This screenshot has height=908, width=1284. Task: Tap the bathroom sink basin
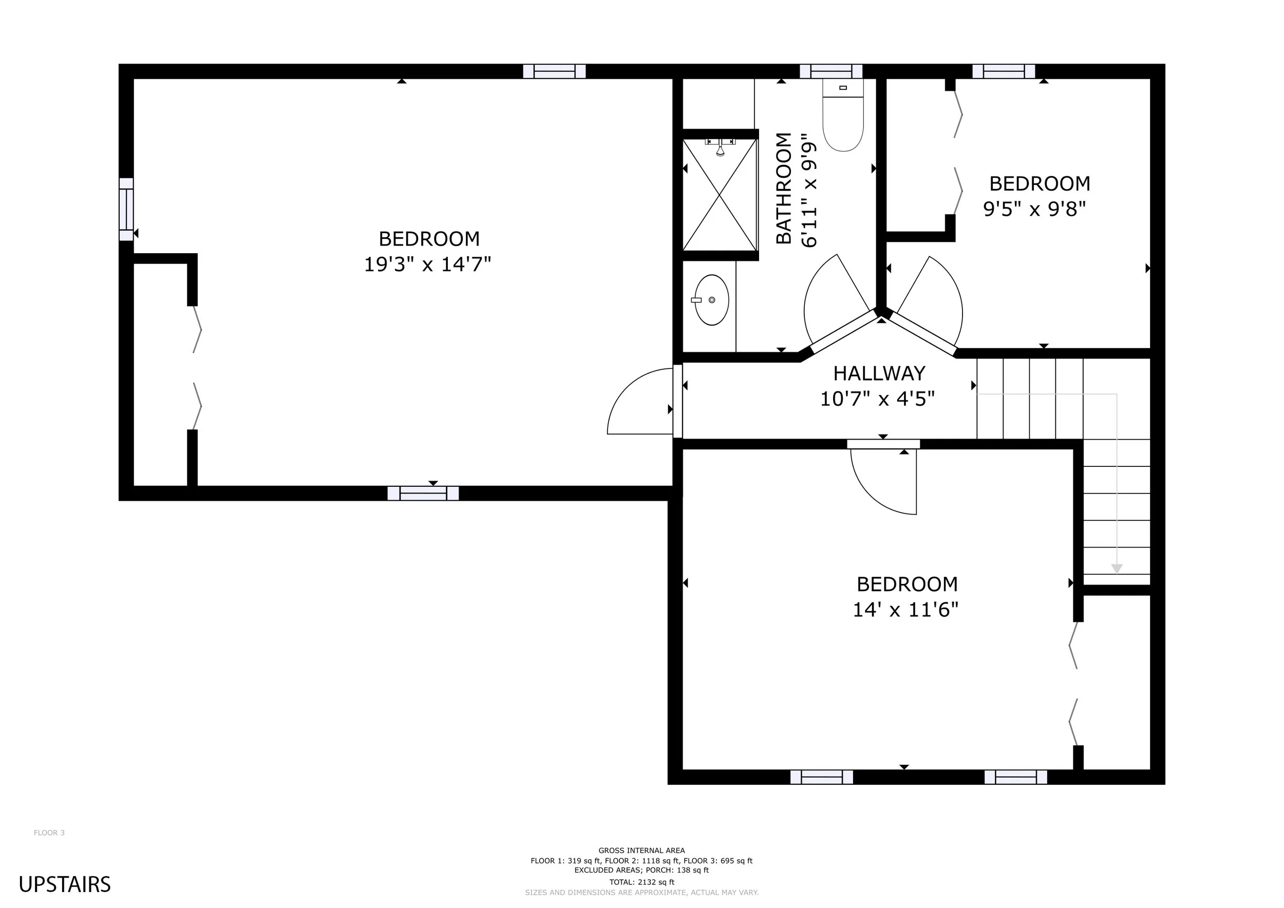coord(711,300)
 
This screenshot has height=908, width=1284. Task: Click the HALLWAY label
coord(879,373)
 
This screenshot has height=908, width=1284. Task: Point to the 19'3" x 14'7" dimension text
coord(427,264)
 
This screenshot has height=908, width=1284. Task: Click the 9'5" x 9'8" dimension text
coord(1034,209)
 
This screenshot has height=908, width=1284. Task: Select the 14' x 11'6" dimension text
coord(905,610)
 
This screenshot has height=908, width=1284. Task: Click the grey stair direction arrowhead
coord(1117,569)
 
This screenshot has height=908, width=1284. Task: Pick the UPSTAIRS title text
coord(65,884)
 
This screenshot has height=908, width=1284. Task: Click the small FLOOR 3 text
coord(49,833)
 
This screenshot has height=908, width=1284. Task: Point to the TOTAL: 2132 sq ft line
coord(642,882)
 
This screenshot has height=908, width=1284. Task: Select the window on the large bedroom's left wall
coord(126,210)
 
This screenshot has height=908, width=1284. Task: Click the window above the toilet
coord(831,71)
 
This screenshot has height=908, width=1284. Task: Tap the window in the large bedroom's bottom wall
coord(423,493)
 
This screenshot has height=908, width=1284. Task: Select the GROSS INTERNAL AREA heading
coord(641,850)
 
